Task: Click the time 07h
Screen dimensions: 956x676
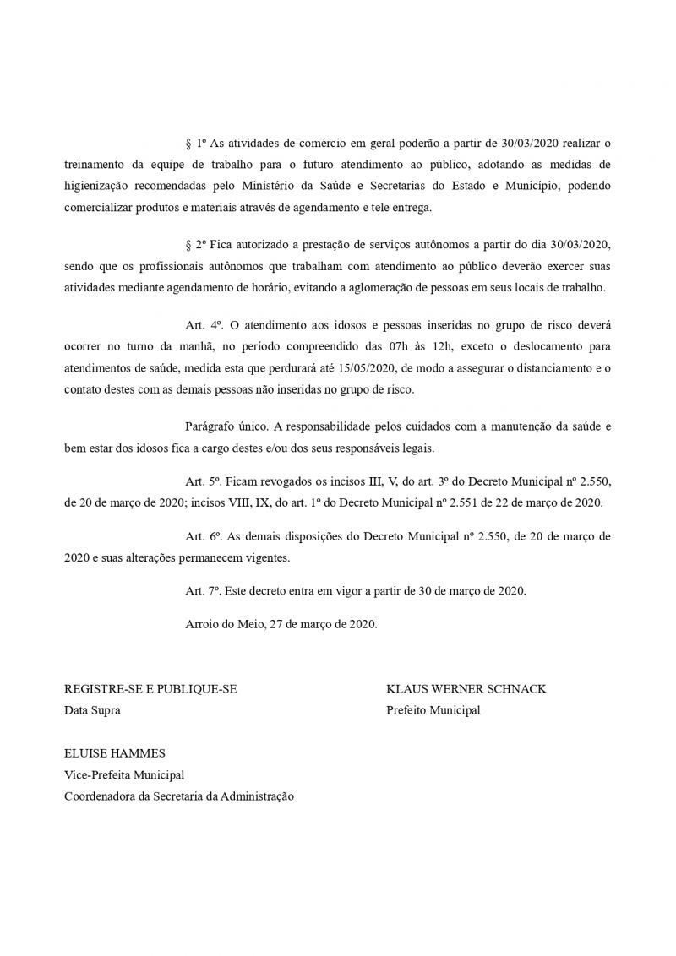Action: [x=479, y=345]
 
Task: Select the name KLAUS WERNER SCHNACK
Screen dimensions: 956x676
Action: [x=466, y=689]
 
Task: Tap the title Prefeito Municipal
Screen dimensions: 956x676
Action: [x=433, y=710]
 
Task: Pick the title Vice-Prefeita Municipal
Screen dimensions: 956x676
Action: [x=124, y=774]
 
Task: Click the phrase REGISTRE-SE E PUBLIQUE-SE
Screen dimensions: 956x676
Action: [x=150, y=689]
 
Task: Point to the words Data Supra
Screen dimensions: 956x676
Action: [x=92, y=710]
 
